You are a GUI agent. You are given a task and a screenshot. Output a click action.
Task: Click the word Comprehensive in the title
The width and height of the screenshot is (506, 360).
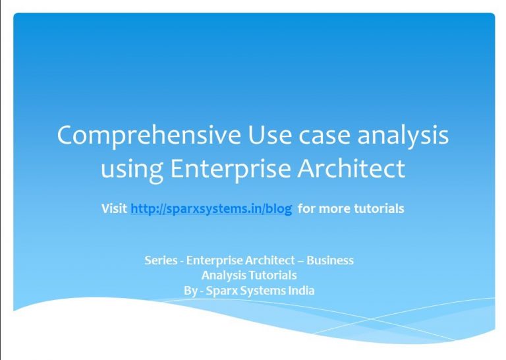coord(149,136)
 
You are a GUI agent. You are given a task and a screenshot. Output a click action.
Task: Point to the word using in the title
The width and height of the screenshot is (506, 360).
coord(132,170)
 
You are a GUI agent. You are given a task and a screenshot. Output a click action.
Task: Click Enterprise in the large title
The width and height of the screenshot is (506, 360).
coord(231,169)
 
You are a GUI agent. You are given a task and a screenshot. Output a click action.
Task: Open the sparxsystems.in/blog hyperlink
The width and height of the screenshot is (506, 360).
coord(211,208)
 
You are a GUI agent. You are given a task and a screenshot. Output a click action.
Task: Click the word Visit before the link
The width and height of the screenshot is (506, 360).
coord(114,208)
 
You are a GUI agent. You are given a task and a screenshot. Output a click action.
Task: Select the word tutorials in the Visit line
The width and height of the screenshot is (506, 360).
coord(379,208)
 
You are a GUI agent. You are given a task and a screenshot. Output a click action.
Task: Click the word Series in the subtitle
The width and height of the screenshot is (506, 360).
coord(161,260)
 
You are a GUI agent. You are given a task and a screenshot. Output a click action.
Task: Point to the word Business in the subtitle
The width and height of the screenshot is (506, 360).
coord(330,260)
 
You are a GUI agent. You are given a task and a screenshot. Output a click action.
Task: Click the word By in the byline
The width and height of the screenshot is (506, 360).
coord(190,291)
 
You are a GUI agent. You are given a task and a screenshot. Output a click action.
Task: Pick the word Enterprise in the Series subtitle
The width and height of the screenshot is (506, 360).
coord(215,260)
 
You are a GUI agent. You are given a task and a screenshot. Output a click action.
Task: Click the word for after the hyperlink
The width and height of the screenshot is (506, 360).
coord(306,208)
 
